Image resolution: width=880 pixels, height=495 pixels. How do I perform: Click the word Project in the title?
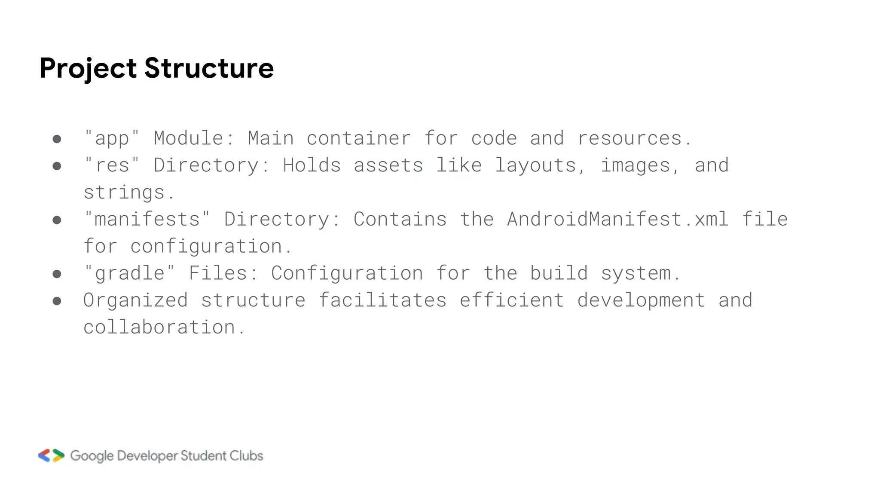tap(88, 69)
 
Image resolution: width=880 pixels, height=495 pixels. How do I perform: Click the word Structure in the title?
tap(209, 68)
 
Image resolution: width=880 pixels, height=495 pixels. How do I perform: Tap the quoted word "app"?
tap(112, 139)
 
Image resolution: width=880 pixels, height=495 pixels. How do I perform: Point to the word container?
tap(358, 138)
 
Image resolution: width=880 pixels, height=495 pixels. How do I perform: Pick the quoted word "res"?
tap(112, 165)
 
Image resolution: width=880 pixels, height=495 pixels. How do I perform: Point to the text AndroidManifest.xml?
tap(617, 219)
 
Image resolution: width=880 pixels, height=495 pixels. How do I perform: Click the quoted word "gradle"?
tap(129, 274)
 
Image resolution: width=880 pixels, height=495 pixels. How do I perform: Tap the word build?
tap(559, 273)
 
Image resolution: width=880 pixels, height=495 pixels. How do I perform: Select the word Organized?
tap(135, 300)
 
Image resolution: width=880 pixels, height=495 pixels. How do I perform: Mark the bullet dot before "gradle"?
tap(57, 274)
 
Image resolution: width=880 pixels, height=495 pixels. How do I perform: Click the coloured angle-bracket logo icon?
tap(51, 455)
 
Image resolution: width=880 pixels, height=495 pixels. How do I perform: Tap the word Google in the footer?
tap(92, 456)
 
